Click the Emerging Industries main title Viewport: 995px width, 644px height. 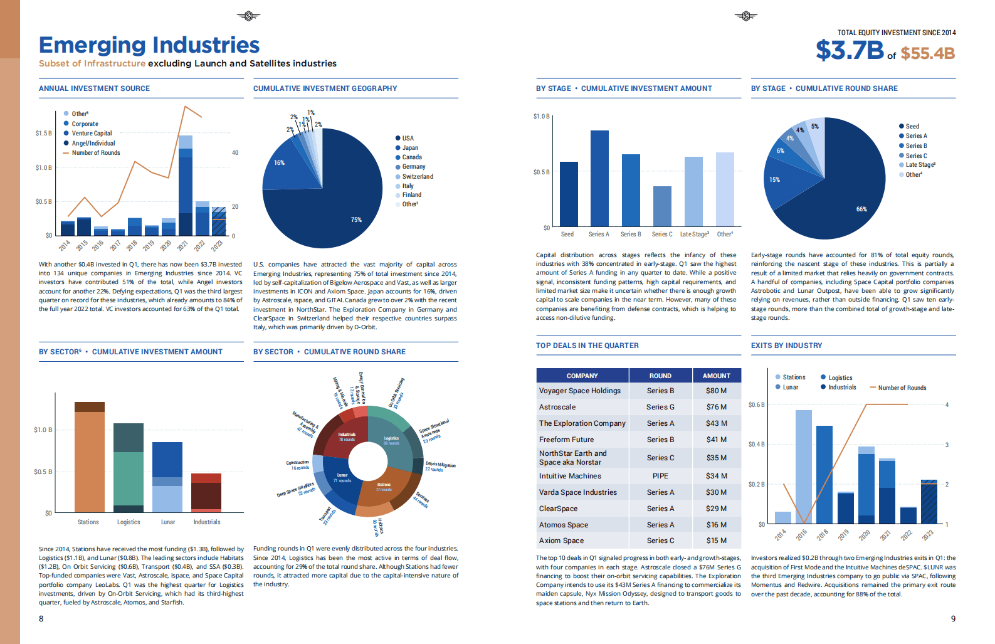[149, 45]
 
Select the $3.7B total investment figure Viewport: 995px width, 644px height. [850, 50]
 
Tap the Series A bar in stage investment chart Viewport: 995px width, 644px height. [599, 178]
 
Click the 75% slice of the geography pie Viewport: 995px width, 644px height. [332, 201]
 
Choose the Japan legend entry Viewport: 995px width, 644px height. [410, 148]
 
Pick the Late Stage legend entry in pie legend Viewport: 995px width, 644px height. [920, 165]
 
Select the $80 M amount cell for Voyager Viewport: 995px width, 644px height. [716, 391]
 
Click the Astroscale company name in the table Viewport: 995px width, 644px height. [557, 407]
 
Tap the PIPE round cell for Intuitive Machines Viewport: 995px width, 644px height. [660, 476]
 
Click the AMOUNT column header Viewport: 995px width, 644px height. [716, 376]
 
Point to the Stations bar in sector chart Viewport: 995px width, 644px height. [90, 461]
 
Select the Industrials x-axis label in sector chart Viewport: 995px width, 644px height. [207, 522]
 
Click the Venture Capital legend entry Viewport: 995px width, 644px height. [92, 134]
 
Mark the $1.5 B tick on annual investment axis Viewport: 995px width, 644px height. [44, 134]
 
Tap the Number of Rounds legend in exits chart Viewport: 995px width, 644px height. [902, 388]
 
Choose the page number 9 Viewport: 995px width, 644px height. [953, 618]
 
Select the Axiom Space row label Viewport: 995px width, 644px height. [561, 541]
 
